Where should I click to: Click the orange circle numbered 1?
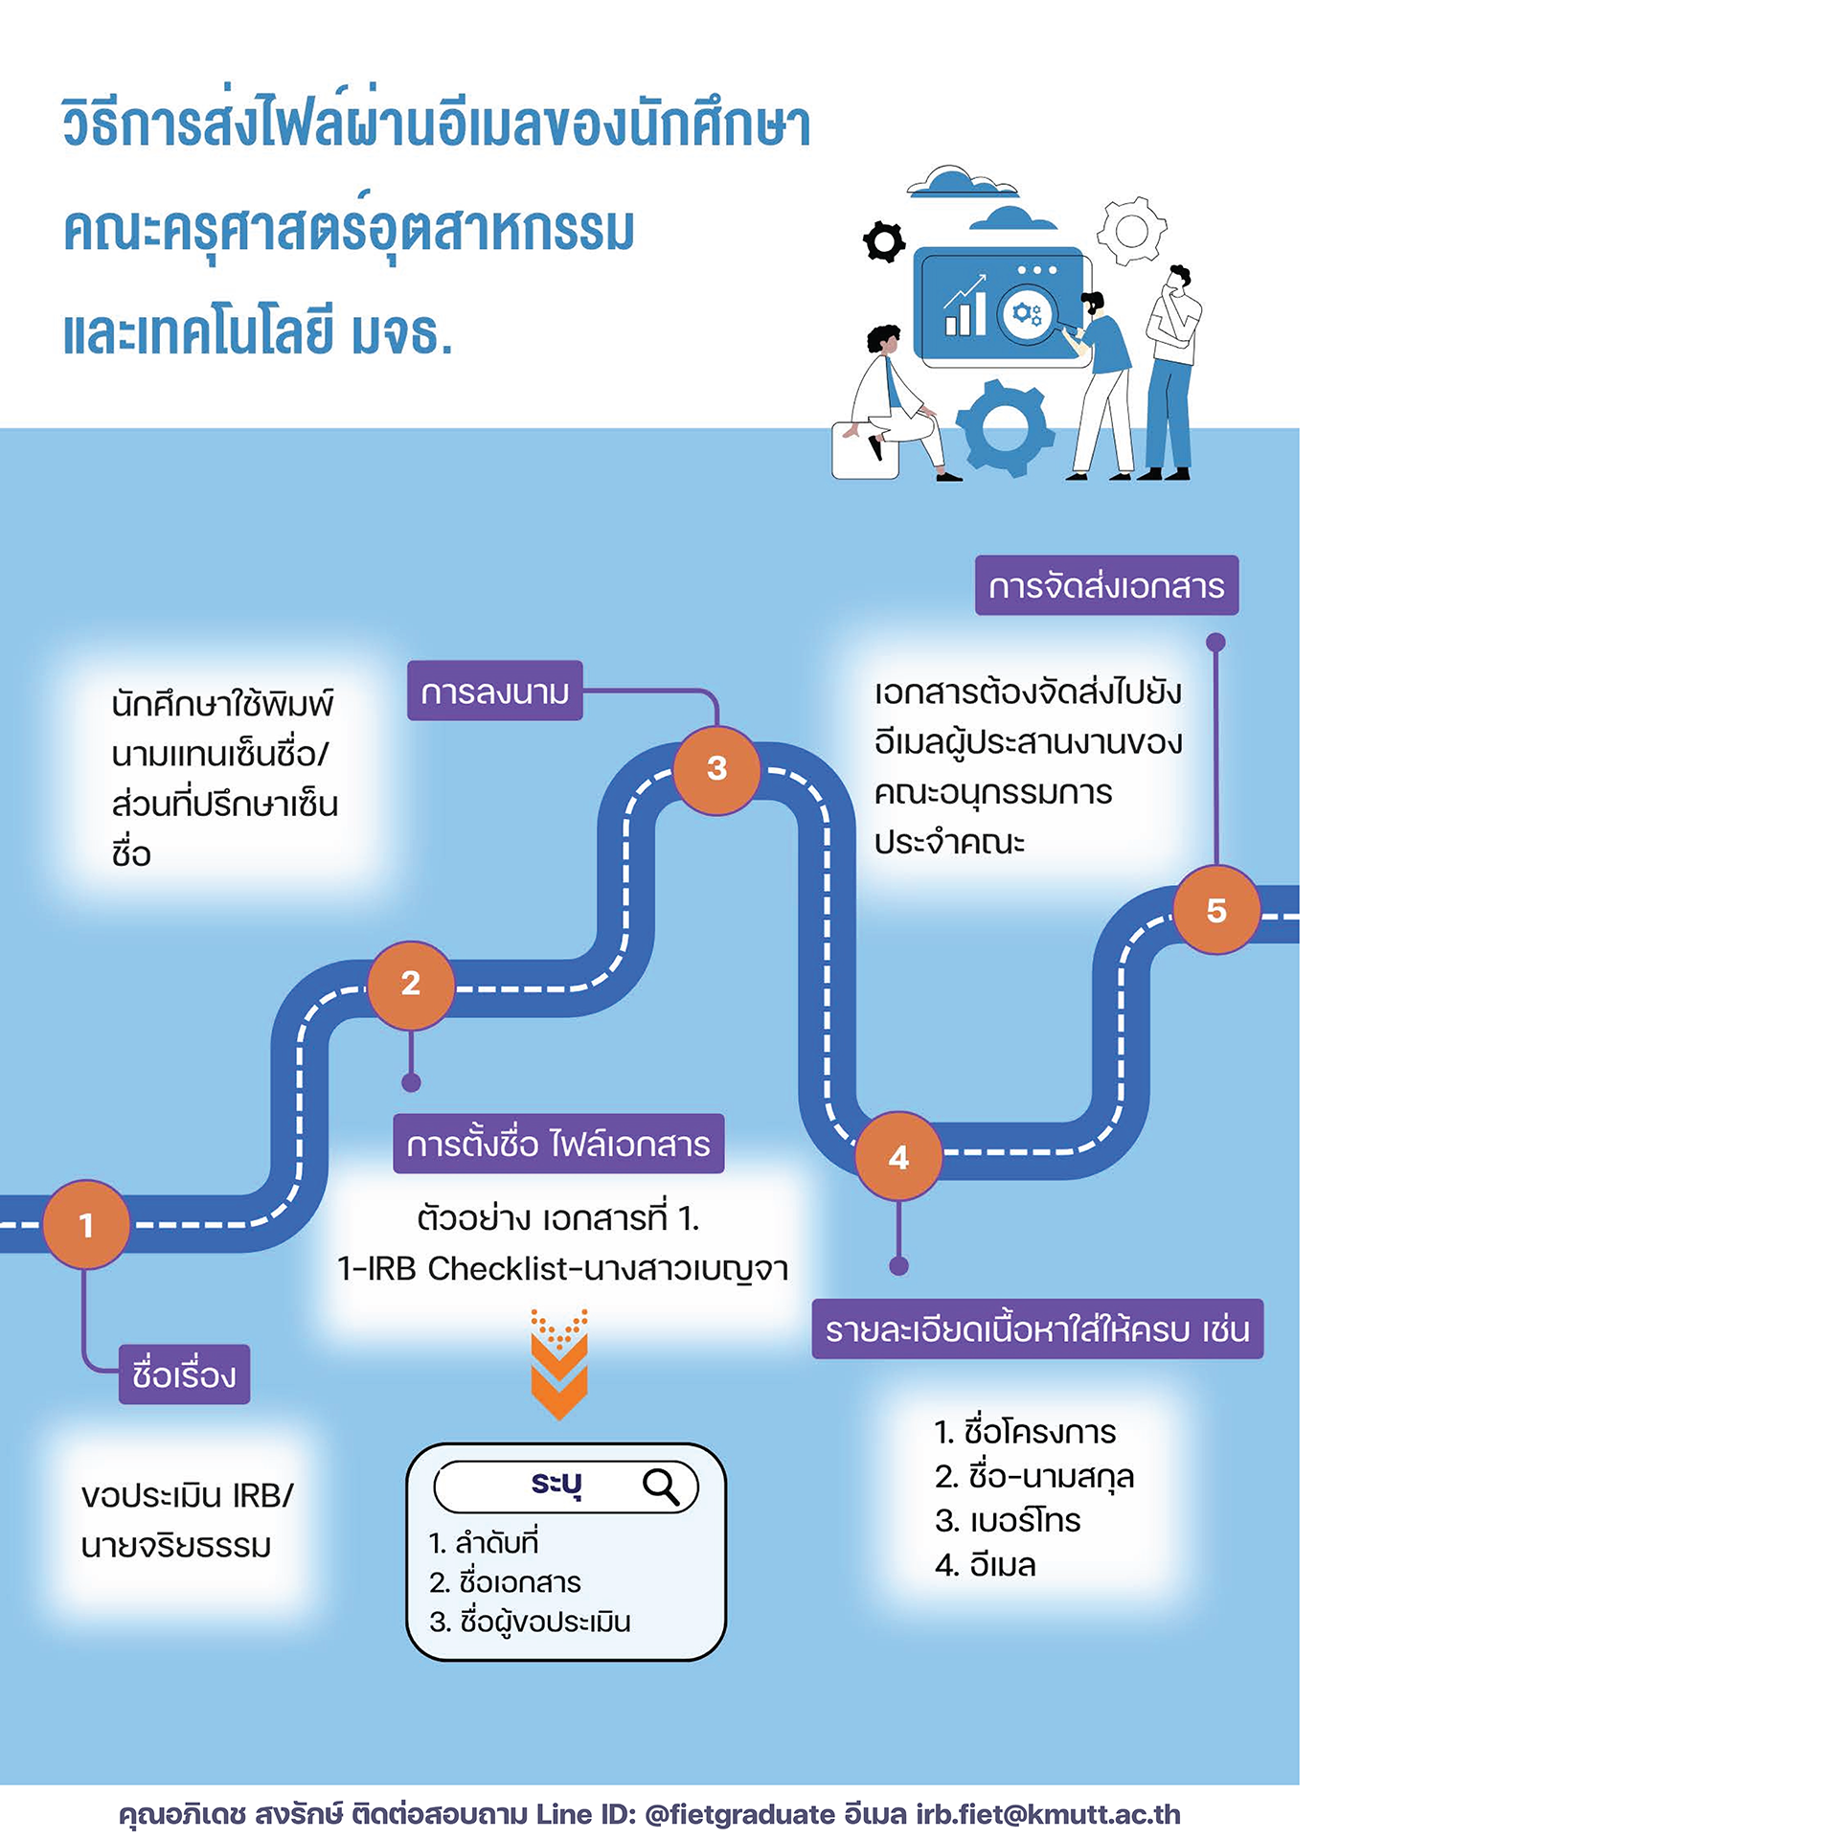(x=86, y=1224)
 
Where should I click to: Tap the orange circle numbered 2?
(x=411, y=984)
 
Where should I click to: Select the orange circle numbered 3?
(x=716, y=769)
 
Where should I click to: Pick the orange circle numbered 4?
(x=898, y=1157)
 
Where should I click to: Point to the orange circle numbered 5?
(x=1215, y=910)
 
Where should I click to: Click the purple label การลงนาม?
(x=495, y=691)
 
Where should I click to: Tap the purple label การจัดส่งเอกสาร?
(x=1106, y=585)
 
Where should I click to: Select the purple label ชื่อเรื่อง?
(x=184, y=1374)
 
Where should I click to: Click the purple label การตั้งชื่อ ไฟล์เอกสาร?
(x=558, y=1144)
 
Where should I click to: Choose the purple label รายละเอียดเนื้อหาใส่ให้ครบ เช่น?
(x=1037, y=1329)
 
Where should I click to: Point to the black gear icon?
(x=884, y=241)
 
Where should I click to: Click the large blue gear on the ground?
(x=1006, y=427)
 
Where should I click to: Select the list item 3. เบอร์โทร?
(x=1008, y=1521)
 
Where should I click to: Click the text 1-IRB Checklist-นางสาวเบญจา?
(x=563, y=1269)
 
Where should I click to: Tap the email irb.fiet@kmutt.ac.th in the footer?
(x=1048, y=1814)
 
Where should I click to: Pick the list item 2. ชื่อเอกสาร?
(x=505, y=1582)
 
